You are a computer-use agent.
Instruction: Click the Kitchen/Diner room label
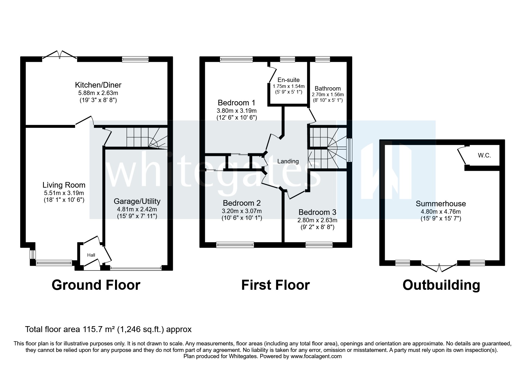coord(98,85)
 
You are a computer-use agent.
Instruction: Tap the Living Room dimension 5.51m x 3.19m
coord(64,193)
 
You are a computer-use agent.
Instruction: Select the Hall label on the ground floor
coord(91,255)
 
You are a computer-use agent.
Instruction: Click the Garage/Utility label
coord(137,201)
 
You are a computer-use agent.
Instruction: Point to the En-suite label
coord(288,80)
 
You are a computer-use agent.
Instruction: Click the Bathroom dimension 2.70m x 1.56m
coord(328,95)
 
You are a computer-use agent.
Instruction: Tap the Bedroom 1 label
coord(236,103)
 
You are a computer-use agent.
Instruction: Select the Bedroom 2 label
coord(242,203)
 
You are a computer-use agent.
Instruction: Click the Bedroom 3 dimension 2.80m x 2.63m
coord(317,220)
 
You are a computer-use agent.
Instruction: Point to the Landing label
coord(288,161)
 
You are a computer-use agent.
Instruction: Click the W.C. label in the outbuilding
coord(484,155)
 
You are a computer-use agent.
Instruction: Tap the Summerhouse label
coord(441,204)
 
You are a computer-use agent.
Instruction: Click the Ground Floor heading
coord(96,285)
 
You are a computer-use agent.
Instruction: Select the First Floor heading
coord(275,285)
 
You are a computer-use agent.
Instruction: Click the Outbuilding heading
coord(441,285)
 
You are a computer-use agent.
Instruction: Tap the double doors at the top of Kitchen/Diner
coord(60,55)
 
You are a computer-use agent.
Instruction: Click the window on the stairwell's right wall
coord(350,150)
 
